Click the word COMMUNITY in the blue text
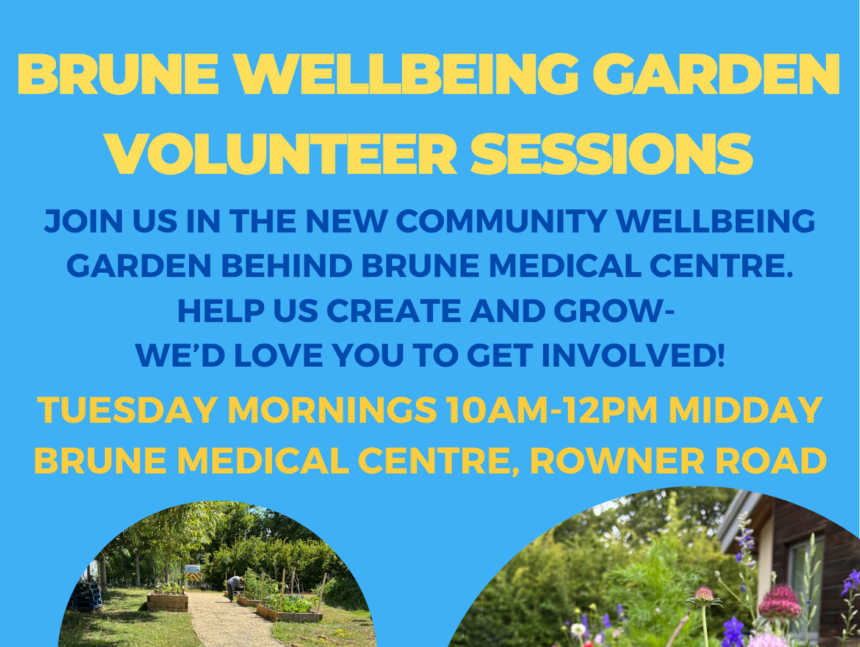point(501,221)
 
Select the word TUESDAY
point(128,410)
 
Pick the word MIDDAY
point(746,410)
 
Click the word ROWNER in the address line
point(617,461)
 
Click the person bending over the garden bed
point(233,587)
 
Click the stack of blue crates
point(85,596)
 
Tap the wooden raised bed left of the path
point(167,602)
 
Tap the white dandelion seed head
point(578,629)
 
